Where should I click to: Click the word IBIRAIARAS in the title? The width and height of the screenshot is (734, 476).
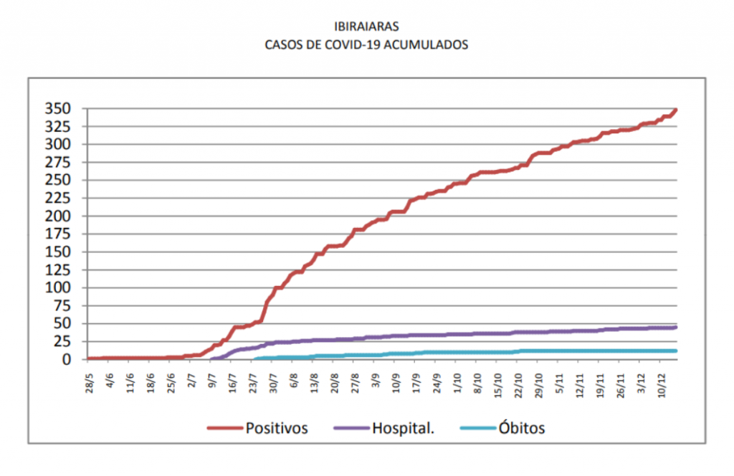366,27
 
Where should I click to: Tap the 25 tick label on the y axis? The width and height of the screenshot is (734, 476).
62,341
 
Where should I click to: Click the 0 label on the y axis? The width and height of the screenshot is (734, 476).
67,360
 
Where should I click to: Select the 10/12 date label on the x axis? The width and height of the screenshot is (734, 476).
664,380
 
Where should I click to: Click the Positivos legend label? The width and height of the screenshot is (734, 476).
277,429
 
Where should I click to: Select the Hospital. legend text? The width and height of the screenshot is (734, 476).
404,429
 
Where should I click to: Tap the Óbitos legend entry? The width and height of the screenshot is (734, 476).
521,429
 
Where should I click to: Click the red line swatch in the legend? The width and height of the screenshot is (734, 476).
224,429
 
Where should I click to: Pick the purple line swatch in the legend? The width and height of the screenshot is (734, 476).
351,429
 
